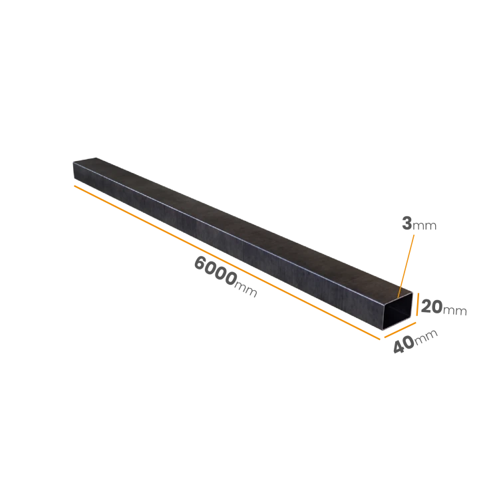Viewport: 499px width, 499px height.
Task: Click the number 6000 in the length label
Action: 215,271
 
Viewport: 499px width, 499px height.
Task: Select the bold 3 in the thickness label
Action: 407,223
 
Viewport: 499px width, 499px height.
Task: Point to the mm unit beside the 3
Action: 424,226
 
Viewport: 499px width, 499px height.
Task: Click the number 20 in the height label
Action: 432,307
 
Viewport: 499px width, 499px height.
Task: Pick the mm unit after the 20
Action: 455,310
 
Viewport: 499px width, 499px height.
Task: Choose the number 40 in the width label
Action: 404,345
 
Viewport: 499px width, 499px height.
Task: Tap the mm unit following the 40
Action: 426,336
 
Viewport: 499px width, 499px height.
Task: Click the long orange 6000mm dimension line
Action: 227,263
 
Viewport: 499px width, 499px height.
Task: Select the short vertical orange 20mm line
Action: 417,304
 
